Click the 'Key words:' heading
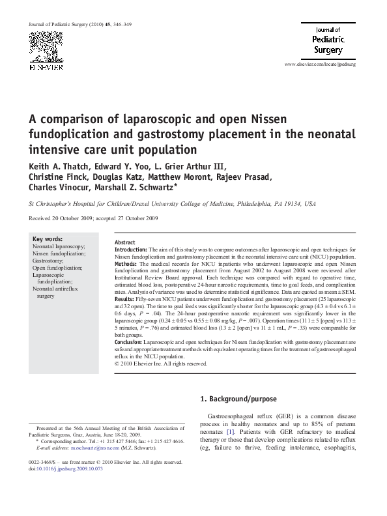[48, 239]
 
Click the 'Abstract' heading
[125, 242]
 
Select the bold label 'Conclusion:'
[128, 341]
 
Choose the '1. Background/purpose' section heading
[238, 399]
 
